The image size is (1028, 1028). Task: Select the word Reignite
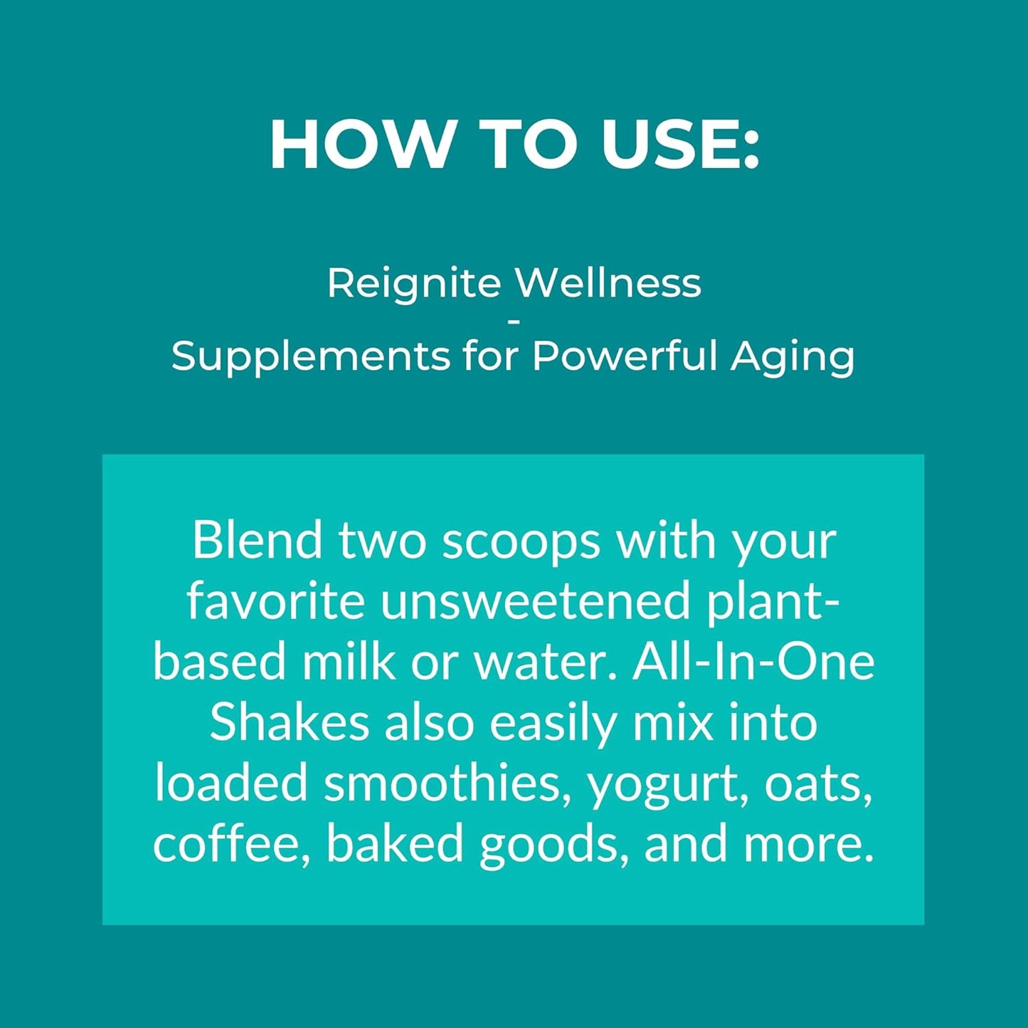[x=414, y=284]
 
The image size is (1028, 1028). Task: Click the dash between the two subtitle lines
[x=514, y=322]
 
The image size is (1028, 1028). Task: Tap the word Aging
[x=793, y=357]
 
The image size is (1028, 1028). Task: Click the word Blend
[x=258, y=540]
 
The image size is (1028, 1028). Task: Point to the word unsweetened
[x=535, y=601]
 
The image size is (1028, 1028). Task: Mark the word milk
[x=349, y=661]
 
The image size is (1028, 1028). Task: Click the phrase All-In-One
[x=753, y=661]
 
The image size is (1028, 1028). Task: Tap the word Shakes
[x=289, y=722]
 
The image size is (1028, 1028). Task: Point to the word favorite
[x=275, y=601]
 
